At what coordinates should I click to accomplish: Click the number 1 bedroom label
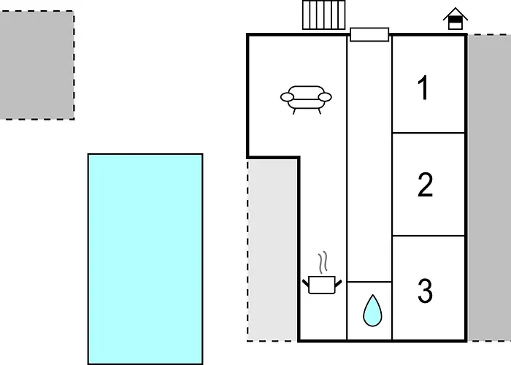click(x=423, y=88)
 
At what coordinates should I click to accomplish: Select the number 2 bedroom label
click(x=426, y=185)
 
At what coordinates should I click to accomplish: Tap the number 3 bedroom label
click(x=426, y=291)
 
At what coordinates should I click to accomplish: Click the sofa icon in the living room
click(x=306, y=100)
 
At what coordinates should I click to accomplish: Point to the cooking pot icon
click(x=322, y=285)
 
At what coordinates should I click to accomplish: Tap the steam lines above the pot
click(x=323, y=262)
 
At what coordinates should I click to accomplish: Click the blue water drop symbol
click(x=372, y=310)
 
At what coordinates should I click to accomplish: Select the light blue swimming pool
click(x=145, y=259)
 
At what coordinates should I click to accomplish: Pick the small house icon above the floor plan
click(x=456, y=18)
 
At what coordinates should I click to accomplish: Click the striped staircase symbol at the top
click(x=323, y=15)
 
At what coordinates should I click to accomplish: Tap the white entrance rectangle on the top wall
click(x=369, y=34)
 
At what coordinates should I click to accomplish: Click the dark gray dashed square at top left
click(x=36, y=65)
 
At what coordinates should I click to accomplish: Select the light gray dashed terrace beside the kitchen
click(x=272, y=250)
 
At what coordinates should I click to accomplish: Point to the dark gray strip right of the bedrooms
click(x=489, y=188)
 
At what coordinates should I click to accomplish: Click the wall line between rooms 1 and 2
click(x=429, y=133)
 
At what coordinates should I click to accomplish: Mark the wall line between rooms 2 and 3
click(x=429, y=236)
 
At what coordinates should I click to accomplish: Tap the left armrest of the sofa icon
click(x=287, y=97)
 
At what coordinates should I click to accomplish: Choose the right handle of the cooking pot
click(x=338, y=283)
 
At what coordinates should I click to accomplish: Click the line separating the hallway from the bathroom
click(x=369, y=282)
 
